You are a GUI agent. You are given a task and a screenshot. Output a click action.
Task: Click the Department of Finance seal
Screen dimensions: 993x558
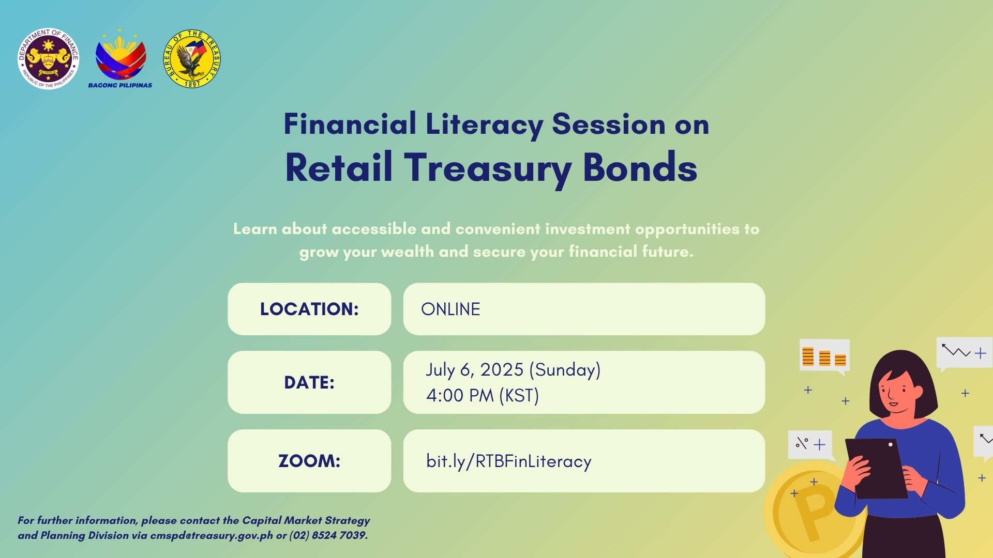pyautogui.click(x=48, y=58)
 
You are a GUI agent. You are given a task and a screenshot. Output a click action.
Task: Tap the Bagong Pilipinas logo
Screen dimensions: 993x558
pyautogui.click(x=120, y=58)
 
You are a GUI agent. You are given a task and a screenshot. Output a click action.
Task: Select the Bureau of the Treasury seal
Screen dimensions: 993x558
pyautogui.click(x=192, y=58)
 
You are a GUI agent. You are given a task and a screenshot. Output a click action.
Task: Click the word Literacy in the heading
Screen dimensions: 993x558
pyautogui.click(x=484, y=125)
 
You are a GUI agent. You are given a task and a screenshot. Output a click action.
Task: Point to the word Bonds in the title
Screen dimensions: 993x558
pyautogui.click(x=640, y=168)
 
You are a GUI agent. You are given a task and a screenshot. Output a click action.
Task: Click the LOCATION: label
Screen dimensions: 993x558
pyautogui.click(x=309, y=309)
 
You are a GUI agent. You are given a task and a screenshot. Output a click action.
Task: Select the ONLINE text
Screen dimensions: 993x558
pyautogui.click(x=450, y=309)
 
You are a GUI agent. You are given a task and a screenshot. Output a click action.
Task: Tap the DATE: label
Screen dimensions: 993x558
pyautogui.click(x=309, y=382)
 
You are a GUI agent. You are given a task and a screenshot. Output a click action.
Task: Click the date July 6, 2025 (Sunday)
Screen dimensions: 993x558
pyautogui.click(x=513, y=370)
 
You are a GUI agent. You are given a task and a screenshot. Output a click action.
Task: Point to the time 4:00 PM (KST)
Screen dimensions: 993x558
pyautogui.click(x=483, y=396)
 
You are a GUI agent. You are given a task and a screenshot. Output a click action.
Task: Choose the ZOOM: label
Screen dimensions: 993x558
pyautogui.click(x=309, y=461)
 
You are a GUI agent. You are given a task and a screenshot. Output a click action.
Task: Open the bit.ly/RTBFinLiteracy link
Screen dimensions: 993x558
pyautogui.click(x=509, y=461)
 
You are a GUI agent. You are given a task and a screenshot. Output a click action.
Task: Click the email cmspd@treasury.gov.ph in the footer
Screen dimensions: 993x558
pyautogui.click(x=212, y=536)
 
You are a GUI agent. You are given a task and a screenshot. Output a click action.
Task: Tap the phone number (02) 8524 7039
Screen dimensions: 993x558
pyautogui.click(x=328, y=536)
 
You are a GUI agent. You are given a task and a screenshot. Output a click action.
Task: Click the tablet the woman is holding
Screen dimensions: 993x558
pyautogui.click(x=876, y=468)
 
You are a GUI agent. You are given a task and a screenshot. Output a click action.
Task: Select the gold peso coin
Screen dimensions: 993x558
pyautogui.click(x=812, y=512)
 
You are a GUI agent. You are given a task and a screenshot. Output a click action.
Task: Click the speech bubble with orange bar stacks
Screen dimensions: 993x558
pyautogui.click(x=824, y=357)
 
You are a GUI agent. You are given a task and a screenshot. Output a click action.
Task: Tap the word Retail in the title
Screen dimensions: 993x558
pyautogui.click(x=339, y=168)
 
